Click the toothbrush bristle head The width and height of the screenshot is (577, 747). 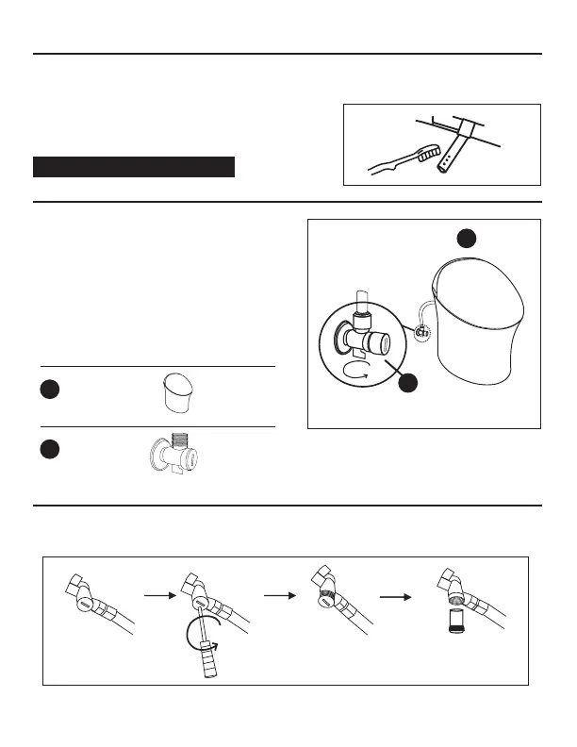(429, 152)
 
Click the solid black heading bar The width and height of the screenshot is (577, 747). (133, 167)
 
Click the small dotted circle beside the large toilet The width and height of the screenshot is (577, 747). (422, 332)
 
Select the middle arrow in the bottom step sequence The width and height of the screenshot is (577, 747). (277, 596)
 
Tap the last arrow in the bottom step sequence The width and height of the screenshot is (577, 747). (394, 596)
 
